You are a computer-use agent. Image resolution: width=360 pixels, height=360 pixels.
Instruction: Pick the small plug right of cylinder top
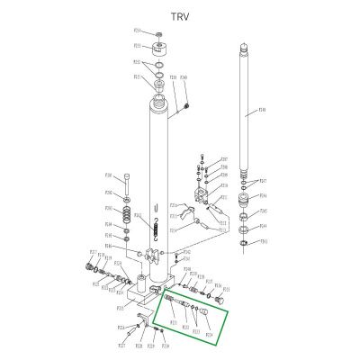tap(185, 108)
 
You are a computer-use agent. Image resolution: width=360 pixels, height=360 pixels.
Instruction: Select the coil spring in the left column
tap(135, 217)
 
